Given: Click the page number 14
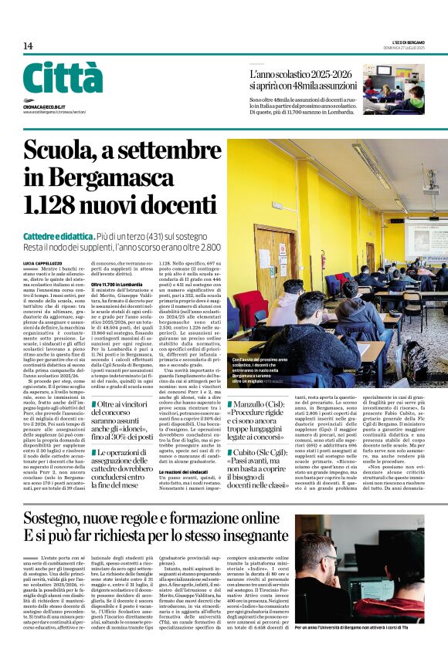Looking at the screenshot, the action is (28, 46).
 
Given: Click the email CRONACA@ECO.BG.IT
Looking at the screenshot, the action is (44, 106).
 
